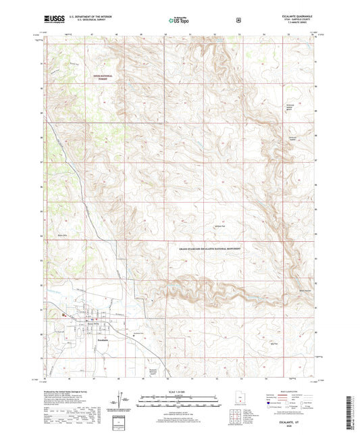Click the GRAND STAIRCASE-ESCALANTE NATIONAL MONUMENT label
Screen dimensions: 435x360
(x=211, y=249)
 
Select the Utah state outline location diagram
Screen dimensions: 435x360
(x=241, y=402)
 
